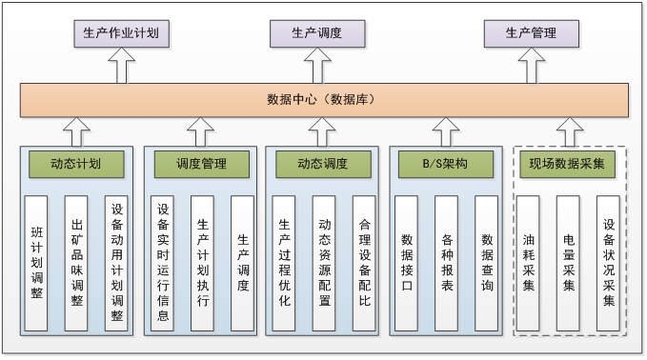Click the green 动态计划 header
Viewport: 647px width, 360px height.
pyautogui.click(x=76, y=164)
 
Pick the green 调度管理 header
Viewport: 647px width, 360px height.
pyautogui.click(x=201, y=164)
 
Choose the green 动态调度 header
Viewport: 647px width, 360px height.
pyautogui.click(x=323, y=164)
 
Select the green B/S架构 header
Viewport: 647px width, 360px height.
pyautogui.click(x=445, y=164)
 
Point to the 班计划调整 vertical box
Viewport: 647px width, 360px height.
pyautogui.click(x=36, y=262)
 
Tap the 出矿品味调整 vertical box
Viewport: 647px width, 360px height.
pyautogui.click(x=77, y=262)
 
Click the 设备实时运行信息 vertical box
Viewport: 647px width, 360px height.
pyautogui.click(x=162, y=262)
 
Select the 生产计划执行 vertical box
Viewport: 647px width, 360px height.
pyautogui.click(x=202, y=262)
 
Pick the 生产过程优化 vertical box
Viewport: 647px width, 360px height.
pyautogui.click(x=284, y=262)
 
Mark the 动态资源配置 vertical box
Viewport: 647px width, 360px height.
pyautogui.click(x=324, y=262)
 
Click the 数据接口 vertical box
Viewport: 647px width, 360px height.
pyautogui.click(x=406, y=262)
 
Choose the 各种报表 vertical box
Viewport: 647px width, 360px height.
pyautogui.click(x=446, y=262)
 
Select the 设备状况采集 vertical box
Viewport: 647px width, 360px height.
pyautogui.click(x=608, y=262)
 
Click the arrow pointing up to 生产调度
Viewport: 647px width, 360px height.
pyautogui.click(x=323, y=67)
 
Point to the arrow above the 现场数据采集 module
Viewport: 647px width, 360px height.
pyautogui.click(x=569, y=130)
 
